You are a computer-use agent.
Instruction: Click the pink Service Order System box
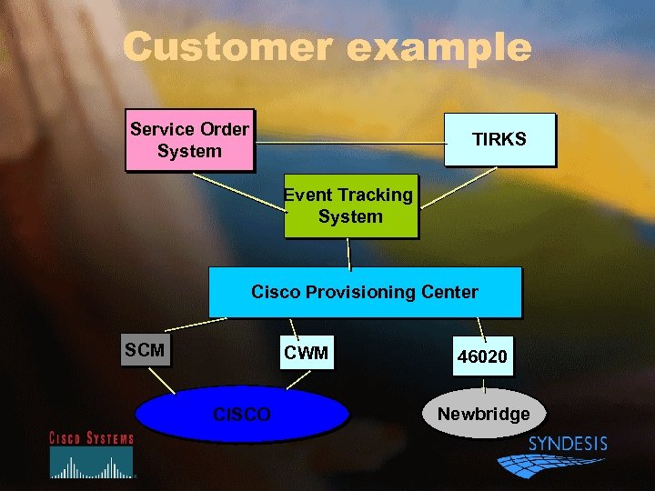(189, 140)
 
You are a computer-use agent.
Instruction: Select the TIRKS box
(499, 139)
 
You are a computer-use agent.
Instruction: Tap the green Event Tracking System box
(350, 206)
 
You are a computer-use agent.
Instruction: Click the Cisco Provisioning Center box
(365, 292)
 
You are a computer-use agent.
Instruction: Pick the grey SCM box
(146, 349)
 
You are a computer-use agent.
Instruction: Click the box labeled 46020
(482, 356)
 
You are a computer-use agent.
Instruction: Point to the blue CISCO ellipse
(242, 415)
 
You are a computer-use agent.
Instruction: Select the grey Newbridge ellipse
(483, 414)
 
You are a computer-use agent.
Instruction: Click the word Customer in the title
(228, 46)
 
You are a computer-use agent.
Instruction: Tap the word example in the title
(438, 47)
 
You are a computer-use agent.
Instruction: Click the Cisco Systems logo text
(91, 438)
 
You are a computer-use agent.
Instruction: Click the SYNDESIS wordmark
(568, 444)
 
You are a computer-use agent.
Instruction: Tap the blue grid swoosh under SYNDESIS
(546, 465)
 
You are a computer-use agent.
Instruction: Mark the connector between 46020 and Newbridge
(485, 383)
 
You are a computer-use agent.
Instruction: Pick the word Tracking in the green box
(375, 195)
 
